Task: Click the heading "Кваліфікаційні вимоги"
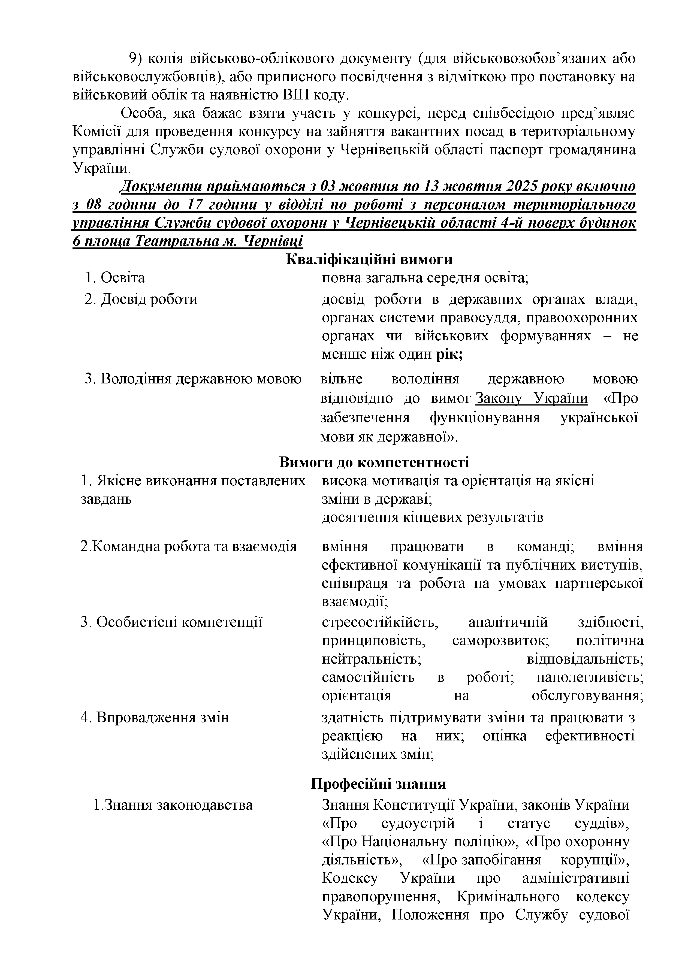(x=369, y=259)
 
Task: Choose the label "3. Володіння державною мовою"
(x=193, y=379)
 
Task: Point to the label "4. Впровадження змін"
(x=155, y=718)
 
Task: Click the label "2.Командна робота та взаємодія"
(x=188, y=546)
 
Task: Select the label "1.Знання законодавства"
(x=173, y=805)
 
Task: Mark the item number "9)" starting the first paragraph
(x=136, y=59)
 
